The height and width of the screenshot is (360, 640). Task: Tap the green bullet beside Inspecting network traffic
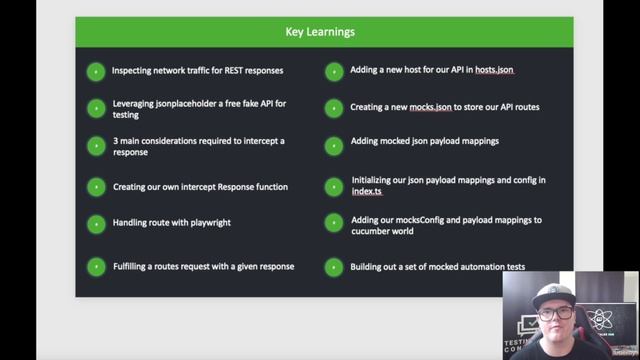point(96,71)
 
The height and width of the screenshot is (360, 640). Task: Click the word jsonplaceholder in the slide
point(183,103)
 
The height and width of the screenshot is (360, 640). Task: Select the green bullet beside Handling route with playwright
point(96,223)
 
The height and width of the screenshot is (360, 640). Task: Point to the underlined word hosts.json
point(492,70)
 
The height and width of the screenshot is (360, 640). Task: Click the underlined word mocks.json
point(433,106)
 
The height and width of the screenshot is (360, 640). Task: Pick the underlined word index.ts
point(367,191)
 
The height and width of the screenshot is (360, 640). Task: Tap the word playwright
point(207,222)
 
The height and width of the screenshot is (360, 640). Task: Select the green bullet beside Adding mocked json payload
point(334,145)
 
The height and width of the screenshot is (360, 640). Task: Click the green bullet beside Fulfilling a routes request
point(96,267)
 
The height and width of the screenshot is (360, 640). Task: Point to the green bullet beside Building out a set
point(334,267)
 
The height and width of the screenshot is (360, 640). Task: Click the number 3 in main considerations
point(114,141)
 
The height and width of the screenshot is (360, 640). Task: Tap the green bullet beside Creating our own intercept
point(96,187)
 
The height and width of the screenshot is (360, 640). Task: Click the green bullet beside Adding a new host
point(334,71)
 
